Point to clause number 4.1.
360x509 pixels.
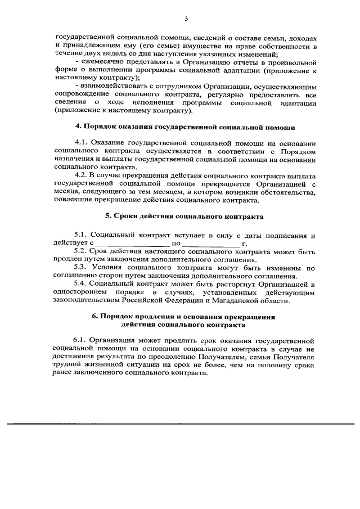pos(81,143)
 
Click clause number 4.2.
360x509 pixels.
pos(81,175)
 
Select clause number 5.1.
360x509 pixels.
pos(81,235)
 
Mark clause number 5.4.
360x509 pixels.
pos(81,284)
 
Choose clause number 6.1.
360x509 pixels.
pos(79,340)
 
